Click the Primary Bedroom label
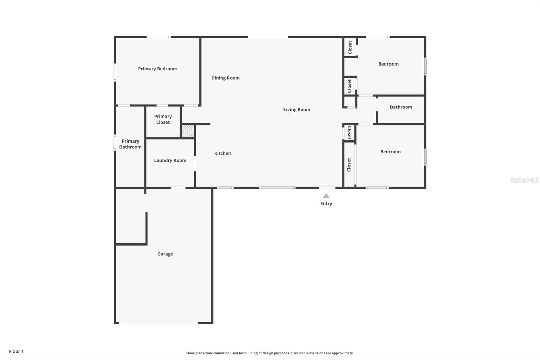point(158,69)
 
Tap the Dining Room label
point(225,78)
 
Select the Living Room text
point(297,110)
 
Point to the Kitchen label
point(223,153)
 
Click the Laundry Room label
point(170,160)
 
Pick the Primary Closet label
point(163,119)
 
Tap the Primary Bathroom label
point(130,144)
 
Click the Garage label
point(165,254)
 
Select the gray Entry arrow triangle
point(326,196)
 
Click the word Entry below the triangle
point(326,204)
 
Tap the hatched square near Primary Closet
point(188,131)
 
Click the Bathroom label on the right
point(401,107)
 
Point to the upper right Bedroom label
point(388,64)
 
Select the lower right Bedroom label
point(390,152)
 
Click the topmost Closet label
point(350,47)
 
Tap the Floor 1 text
point(16,351)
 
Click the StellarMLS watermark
point(524,180)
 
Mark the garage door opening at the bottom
point(158,323)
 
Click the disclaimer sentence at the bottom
point(270,353)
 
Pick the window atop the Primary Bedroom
point(159,37)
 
